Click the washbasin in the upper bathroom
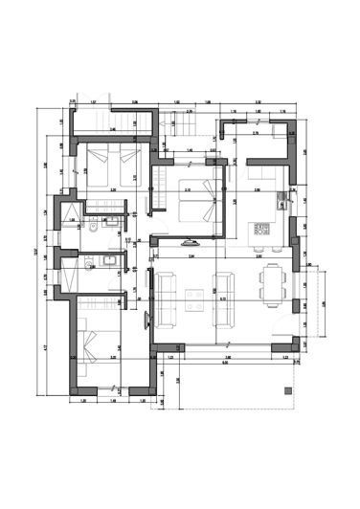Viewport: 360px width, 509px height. (x=111, y=222)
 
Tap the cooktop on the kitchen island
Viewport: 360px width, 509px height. (x=259, y=230)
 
